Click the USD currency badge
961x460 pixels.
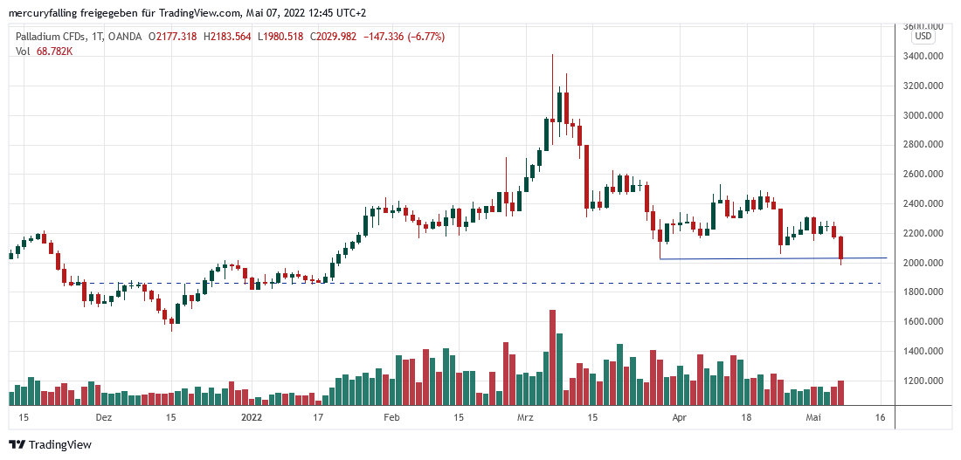(x=923, y=37)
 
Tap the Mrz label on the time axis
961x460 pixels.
(x=526, y=418)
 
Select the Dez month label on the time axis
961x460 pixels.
(x=104, y=418)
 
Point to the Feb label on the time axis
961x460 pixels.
(x=391, y=418)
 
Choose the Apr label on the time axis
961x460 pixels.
(x=680, y=418)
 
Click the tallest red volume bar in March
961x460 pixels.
(x=552, y=357)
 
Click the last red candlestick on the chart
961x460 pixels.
(x=840, y=248)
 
